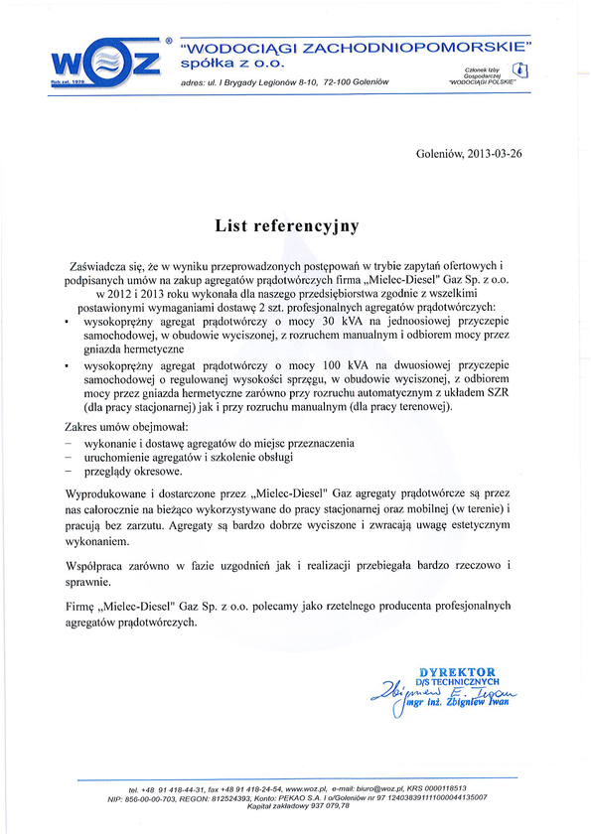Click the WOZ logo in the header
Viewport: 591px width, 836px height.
pyautogui.click(x=106, y=63)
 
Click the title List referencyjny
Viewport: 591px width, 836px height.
pyautogui.click(x=286, y=225)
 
